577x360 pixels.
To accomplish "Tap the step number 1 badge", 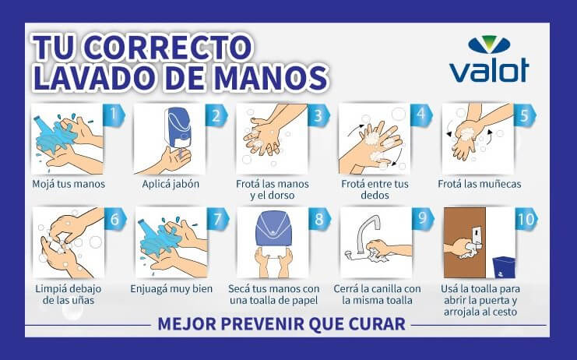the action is pos(114,115).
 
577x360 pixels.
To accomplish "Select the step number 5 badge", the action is pos(524,115).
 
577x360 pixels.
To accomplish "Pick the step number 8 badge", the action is pos(319,219).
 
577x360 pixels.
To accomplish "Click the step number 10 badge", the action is pos(526,219).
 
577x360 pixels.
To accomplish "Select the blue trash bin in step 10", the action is pos(504,266).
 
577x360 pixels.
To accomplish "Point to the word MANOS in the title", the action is pos(271,77).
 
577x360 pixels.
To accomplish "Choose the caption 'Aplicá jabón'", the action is pos(171,184).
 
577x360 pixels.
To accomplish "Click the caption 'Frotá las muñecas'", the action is pos(480,184).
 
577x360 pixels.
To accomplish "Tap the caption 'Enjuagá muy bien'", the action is pos(171,288).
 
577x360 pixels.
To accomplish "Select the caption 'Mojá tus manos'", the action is pos(69,184).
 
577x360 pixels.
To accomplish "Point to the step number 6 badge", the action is pos(114,219).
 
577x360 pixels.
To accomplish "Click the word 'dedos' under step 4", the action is pos(375,195).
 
